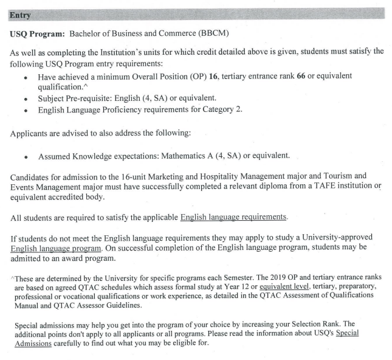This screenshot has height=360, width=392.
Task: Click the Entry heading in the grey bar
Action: pyautogui.click(x=21, y=12)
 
